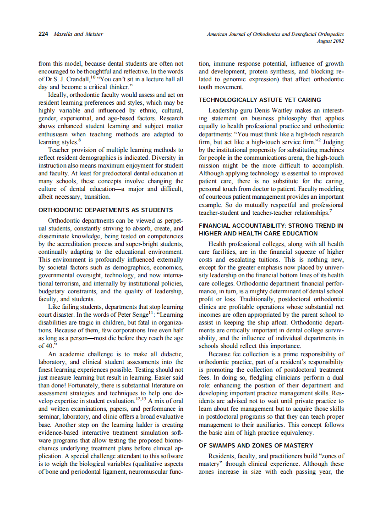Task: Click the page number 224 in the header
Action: (x=44, y=34)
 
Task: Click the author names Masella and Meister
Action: (x=78, y=34)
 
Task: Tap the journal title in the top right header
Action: (x=275, y=34)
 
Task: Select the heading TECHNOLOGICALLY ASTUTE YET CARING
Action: (x=260, y=100)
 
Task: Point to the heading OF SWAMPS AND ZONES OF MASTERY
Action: (x=256, y=445)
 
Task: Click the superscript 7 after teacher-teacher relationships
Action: (x=331, y=211)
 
